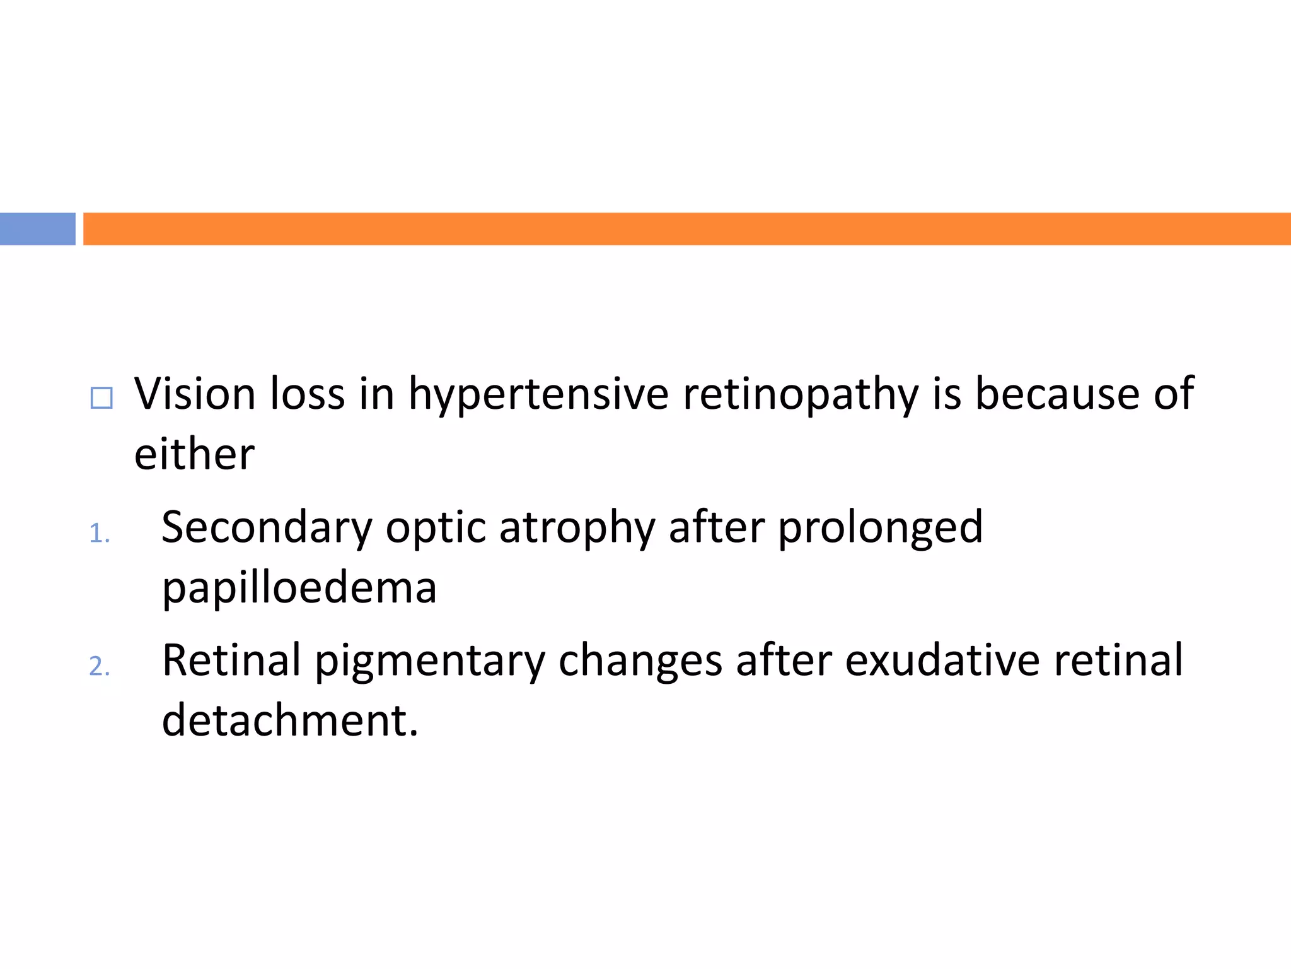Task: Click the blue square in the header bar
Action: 37,228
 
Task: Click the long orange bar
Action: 686,228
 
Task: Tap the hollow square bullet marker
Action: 101,398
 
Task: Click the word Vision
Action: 195,394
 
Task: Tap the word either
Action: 194,454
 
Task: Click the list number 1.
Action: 99,534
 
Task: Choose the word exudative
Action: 942,660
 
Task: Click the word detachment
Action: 289,720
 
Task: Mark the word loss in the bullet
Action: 308,394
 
